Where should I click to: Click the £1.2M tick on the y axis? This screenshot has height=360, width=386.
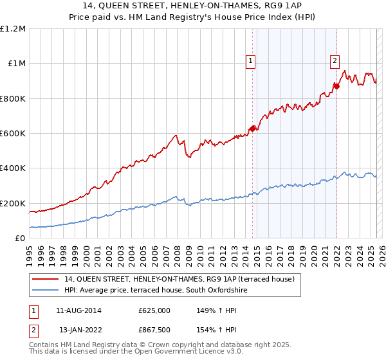click(13, 29)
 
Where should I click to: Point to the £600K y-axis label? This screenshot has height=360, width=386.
click(13, 134)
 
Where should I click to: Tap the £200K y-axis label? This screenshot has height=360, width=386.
click(13, 203)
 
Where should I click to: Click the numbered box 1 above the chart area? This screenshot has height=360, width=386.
click(250, 62)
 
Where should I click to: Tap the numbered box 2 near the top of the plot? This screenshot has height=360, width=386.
click(335, 62)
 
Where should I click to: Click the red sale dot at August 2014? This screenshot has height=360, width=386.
click(252, 129)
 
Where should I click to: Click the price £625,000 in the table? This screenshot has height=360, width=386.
click(154, 310)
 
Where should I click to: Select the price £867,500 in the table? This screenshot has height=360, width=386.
click(154, 330)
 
